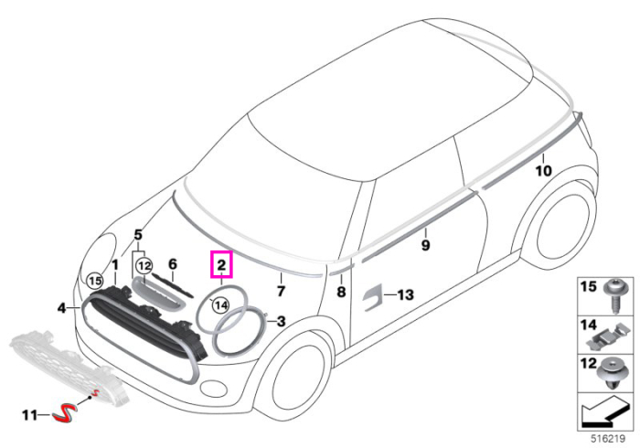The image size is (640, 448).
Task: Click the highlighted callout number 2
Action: (x=221, y=265)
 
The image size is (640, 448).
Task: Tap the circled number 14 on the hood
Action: (x=221, y=304)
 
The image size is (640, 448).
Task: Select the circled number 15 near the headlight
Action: (x=95, y=281)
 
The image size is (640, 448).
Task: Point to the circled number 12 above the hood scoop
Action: (x=144, y=266)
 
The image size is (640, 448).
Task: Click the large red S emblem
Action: (x=64, y=413)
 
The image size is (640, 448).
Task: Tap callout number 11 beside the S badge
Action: (x=29, y=415)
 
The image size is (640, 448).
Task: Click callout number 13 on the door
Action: (x=405, y=294)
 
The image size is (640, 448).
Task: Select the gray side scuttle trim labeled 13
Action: (x=372, y=296)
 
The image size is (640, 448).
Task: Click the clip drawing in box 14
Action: (x=607, y=335)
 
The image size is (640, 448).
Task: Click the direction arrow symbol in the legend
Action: (x=605, y=413)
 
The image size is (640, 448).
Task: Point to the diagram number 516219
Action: (x=608, y=439)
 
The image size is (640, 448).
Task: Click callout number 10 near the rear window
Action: (x=543, y=171)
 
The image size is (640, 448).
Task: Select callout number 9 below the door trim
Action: (x=425, y=245)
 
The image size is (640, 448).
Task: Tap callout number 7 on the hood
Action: (x=281, y=292)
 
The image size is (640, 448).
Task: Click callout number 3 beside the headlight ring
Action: (x=282, y=322)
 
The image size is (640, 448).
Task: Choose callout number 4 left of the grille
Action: (x=61, y=308)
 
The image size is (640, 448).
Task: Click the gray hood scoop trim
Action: (x=157, y=293)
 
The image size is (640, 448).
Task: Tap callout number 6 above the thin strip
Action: (x=173, y=264)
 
